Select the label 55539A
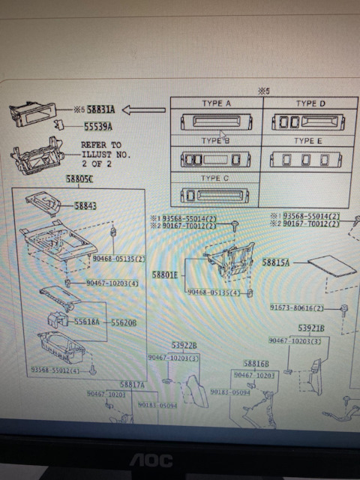click(x=99, y=127)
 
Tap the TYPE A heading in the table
click(x=216, y=103)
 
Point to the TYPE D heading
click(x=310, y=103)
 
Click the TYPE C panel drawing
click(x=214, y=196)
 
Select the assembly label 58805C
click(x=79, y=180)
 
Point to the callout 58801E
click(x=165, y=275)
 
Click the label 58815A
click(x=277, y=263)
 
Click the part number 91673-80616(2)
click(x=298, y=308)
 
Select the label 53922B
click(x=184, y=345)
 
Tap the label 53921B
click(x=311, y=328)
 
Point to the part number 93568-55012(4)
click(x=55, y=370)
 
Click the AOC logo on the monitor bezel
click(x=152, y=460)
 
